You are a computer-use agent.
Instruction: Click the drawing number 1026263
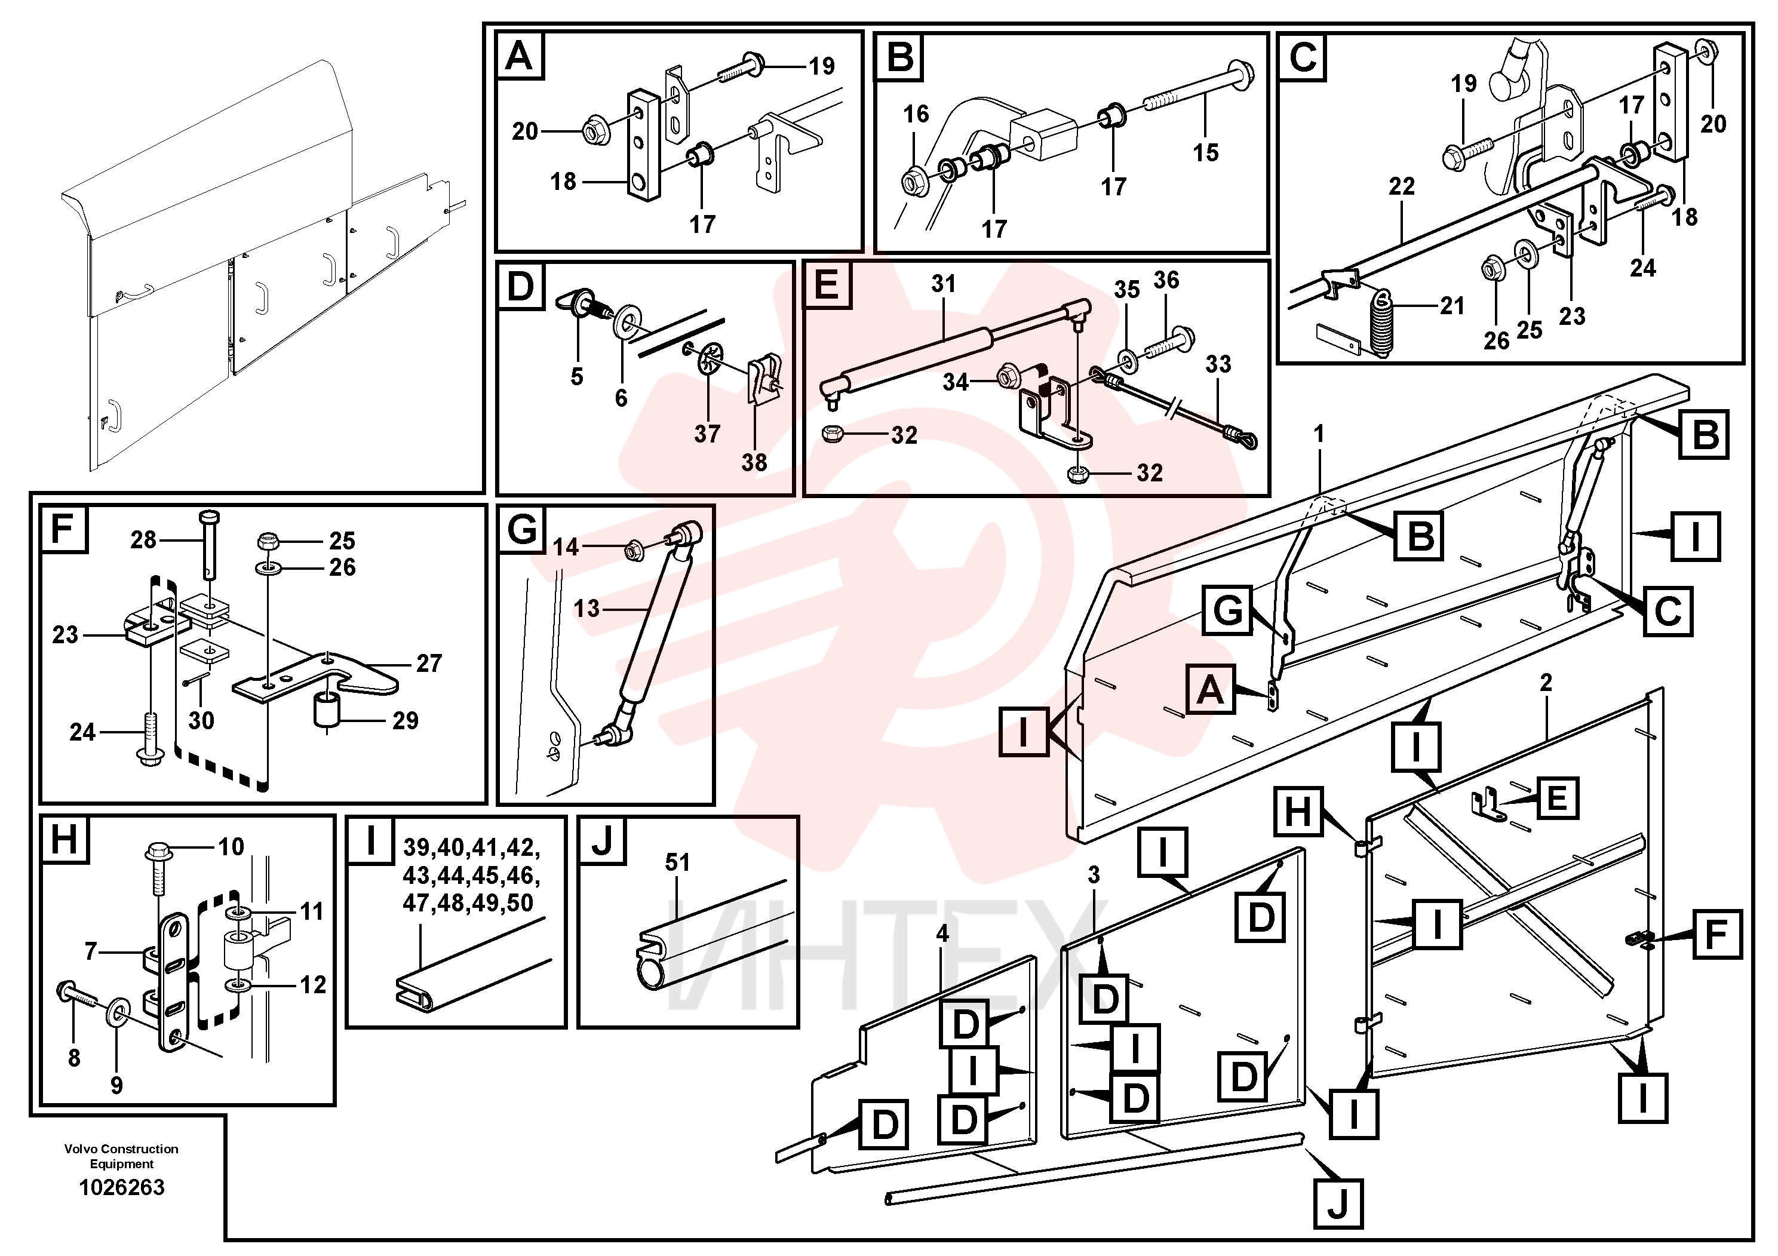point(122,1187)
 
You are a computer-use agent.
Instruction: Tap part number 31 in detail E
point(943,284)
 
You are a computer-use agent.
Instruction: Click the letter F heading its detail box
point(62,529)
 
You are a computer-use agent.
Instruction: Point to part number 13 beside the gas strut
point(586,609)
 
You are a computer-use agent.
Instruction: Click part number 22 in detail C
point(1402,186)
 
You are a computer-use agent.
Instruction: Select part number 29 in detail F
point(405,721)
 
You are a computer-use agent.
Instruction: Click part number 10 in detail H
point(231,846)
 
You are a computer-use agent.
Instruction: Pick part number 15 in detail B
point(1206,152)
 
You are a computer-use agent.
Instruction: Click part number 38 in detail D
point(754,462)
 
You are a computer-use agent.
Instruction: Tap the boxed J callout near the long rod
point(1338,1204)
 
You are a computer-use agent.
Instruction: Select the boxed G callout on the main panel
point(1227,611)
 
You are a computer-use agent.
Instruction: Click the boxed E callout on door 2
point(1556,797)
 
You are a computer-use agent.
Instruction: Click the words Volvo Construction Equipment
point(122,1156)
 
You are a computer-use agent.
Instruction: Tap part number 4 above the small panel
point(942,934)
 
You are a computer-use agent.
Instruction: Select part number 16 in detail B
point(916,115)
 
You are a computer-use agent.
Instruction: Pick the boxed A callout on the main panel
point(1211,689)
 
